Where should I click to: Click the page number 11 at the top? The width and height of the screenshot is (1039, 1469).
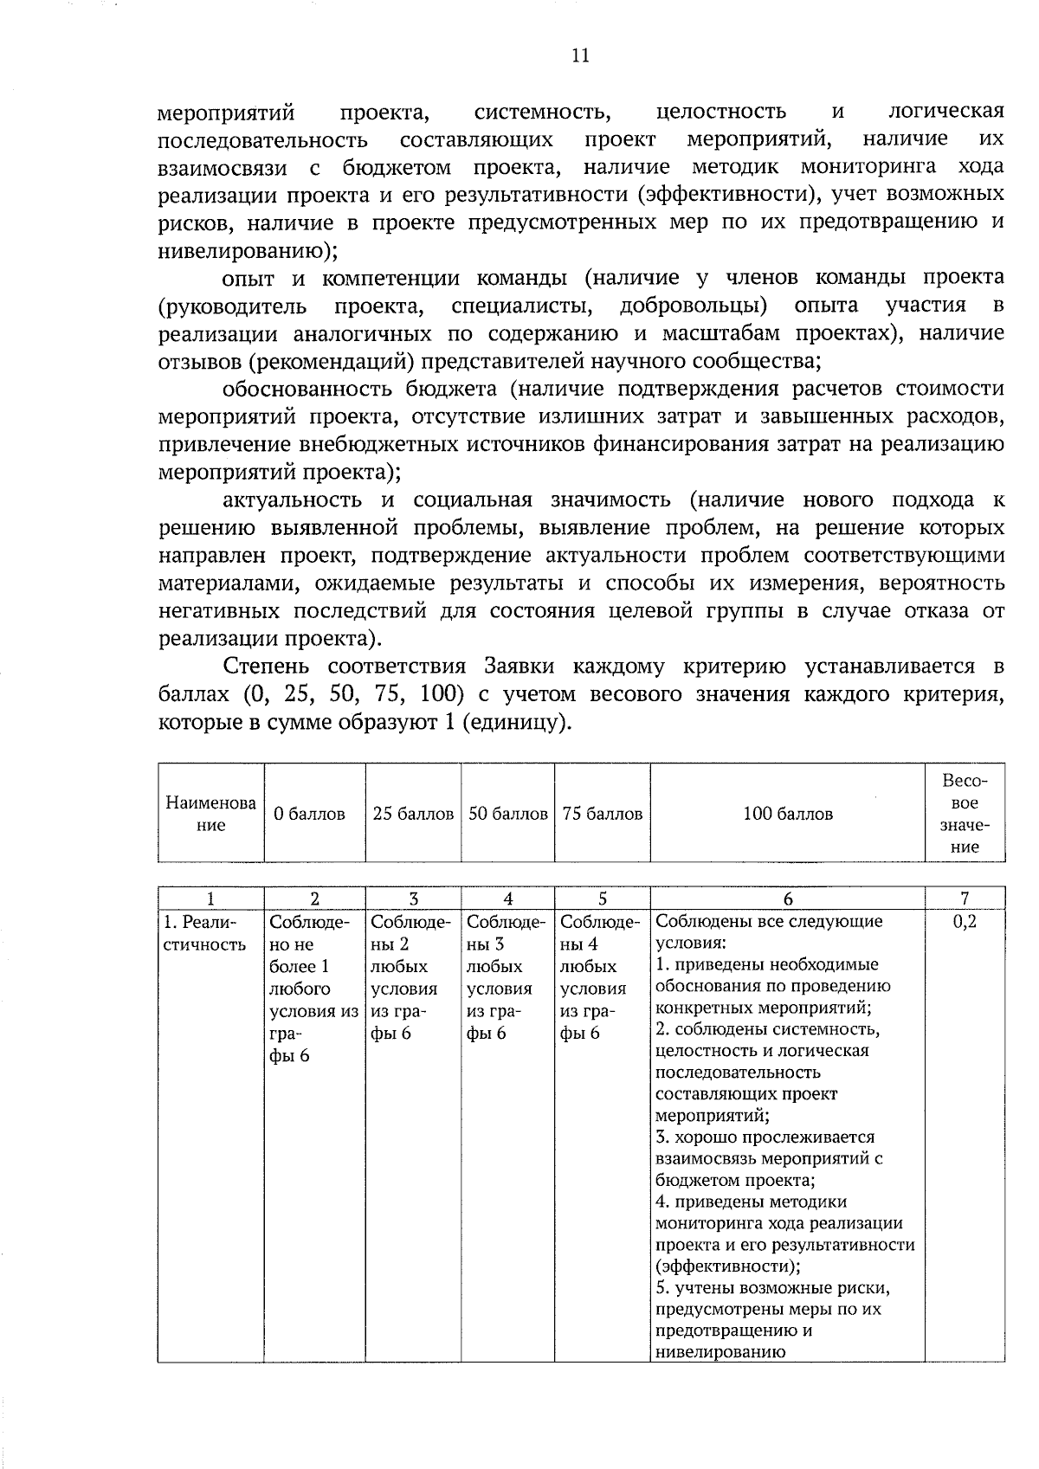(580, 56)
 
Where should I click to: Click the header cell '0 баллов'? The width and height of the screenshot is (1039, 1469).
(309, 814)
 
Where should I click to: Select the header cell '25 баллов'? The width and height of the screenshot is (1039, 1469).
(413, 814)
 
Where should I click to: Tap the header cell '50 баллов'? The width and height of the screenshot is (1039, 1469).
(508, 814)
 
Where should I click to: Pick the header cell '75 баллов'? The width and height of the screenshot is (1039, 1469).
(602, 814)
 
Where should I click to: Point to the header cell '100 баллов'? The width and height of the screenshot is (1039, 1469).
(788, 814)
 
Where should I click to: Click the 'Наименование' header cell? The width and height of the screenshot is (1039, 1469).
(210, 814)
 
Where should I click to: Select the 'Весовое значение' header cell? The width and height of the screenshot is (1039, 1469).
(965, 814)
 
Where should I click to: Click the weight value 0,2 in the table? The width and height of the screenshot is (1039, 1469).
(965, 921)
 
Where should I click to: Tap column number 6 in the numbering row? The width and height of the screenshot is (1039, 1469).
(788, 899)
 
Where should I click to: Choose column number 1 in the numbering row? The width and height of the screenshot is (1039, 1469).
(210, 899)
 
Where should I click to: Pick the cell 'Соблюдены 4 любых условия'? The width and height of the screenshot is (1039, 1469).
(600, 976)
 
